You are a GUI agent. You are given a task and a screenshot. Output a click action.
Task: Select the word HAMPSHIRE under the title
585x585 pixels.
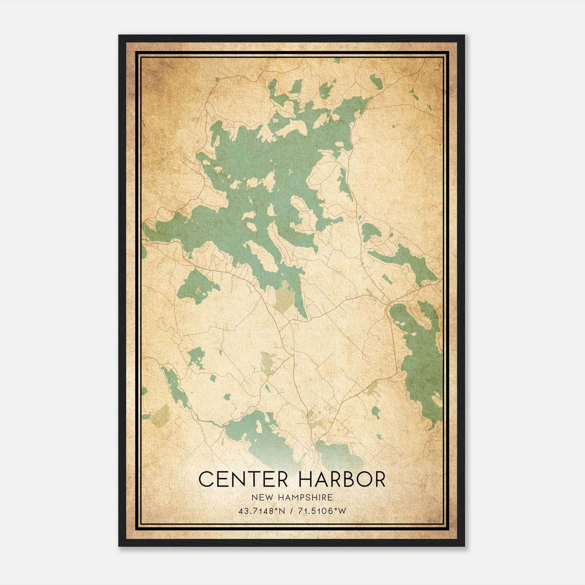[x=302, y=497]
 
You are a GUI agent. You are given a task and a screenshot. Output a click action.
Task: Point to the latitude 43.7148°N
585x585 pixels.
[x=261, y=511]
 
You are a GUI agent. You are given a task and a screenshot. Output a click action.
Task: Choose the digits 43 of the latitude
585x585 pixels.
[x=243, y=511]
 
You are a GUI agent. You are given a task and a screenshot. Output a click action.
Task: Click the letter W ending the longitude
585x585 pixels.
[x=342, y=511]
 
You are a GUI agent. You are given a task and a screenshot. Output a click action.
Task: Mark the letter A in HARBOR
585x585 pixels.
[x=321, y=479]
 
